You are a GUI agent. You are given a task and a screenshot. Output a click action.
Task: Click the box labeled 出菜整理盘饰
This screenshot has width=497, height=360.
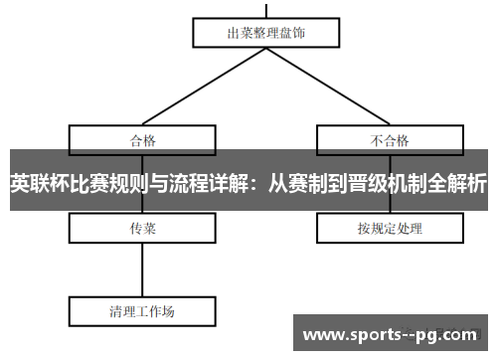point(266,32)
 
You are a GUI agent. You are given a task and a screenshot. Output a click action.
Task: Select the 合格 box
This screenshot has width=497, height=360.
point(142,139)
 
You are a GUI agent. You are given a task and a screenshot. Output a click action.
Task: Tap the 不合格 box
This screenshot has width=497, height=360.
point(390,139)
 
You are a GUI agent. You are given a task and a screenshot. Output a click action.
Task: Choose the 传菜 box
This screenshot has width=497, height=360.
point(142,229)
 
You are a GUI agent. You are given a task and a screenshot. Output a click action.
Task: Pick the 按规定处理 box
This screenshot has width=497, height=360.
point(390,229)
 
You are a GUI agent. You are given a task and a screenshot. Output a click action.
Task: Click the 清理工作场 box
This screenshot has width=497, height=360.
point(142,310)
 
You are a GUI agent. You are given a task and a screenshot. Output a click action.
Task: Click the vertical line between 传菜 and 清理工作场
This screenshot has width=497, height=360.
point(142,269)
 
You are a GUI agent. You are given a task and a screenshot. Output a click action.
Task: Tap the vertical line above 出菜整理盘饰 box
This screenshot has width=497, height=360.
point(266,7)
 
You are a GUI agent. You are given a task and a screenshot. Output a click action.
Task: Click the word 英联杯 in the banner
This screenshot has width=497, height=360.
point(34,184)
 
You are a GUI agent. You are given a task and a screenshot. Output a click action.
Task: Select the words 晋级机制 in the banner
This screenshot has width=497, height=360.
point(392,184)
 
